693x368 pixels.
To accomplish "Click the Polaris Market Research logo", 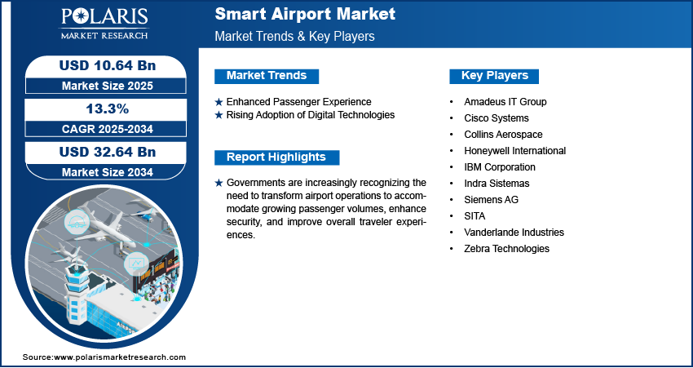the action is (104, 23).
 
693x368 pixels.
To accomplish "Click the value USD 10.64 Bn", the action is (108, 65).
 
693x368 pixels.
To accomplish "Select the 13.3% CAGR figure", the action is (107, 109).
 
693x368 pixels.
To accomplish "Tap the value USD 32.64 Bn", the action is (108, 152).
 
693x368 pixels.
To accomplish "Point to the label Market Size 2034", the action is (108, 172).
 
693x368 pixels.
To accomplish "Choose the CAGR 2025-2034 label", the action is (108, 129).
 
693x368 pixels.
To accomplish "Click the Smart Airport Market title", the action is (305, 14).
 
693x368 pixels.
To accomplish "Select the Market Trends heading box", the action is (267, 76).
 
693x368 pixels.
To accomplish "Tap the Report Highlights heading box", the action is (276, 157).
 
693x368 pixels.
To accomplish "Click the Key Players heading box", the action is (495, 76).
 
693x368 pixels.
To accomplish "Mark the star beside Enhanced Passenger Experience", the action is (218, 102).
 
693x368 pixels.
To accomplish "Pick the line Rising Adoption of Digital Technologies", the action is (311, 115).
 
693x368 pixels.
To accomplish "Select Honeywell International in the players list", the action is (515, 151).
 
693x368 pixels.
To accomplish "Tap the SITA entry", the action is (475, 216).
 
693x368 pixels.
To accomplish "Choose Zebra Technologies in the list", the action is (506, 249).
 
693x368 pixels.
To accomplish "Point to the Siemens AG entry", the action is (491, 200).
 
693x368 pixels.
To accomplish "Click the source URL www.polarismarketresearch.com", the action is (120, 357).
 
